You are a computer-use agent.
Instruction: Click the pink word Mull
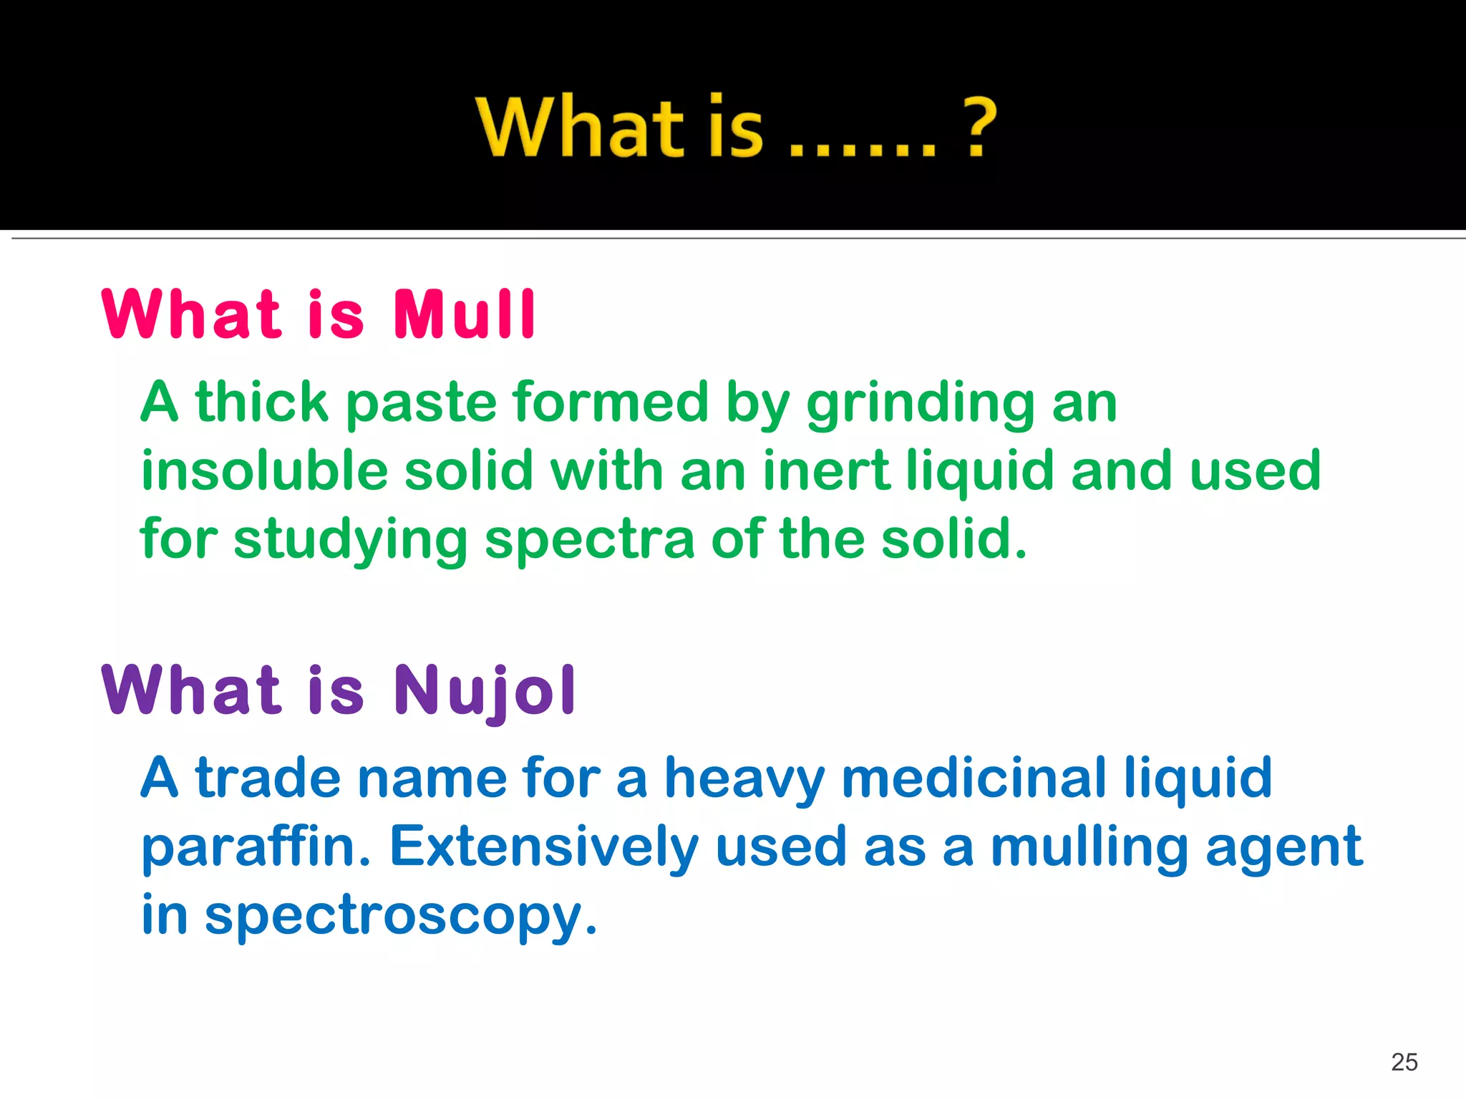click(464, 314)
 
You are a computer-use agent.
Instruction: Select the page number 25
click(1404, 1062)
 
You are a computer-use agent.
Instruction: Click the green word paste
click(421, 403)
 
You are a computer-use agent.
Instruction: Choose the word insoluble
click(265, 471)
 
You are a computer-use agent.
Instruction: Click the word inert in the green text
click(827, 471)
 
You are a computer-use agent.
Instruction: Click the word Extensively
click(543, 847)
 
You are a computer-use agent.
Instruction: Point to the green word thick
click(261, 402)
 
